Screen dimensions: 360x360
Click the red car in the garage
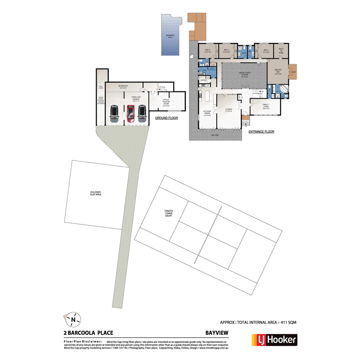click(x=131, y=114)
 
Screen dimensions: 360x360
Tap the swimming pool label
click(x=170, y=36)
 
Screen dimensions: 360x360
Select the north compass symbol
click(x=72, y=319)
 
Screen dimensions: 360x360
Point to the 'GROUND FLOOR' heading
click(x=166, y=118)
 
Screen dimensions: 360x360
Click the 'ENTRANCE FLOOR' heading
click(x=262, y=132)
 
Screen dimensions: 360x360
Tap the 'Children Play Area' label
click(x=95, y=193)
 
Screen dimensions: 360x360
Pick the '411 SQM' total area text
click(x=287, y=322)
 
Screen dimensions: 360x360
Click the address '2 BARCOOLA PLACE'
click(x=88, y=332)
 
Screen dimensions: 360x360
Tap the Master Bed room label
click(x=278, y=71)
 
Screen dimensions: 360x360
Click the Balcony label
click(x=215, y=135)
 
